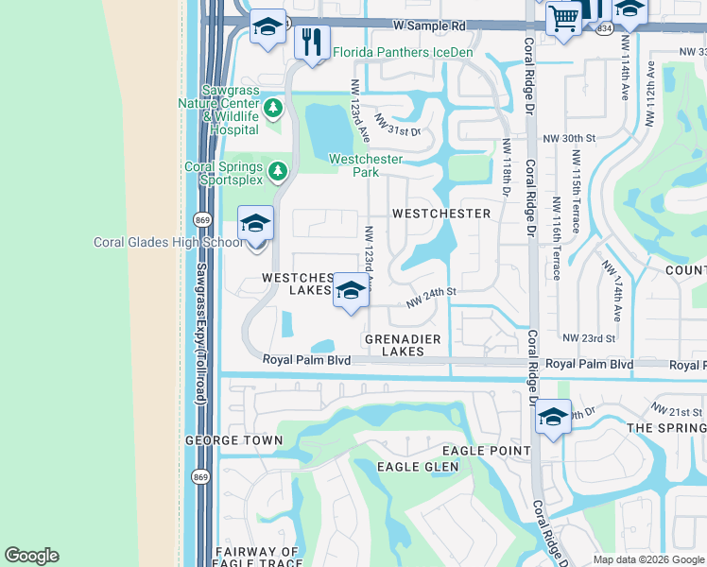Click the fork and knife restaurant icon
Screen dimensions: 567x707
point(311,43)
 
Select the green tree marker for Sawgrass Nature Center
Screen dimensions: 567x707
point(273,109)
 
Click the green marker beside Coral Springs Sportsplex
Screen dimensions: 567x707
point(277,171)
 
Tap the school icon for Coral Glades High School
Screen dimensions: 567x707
point(255,225)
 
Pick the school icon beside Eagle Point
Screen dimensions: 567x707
point(553,417)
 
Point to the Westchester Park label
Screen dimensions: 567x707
point(366,165)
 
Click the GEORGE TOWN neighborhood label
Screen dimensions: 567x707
point(233,440)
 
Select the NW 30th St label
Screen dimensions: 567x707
point(569,138)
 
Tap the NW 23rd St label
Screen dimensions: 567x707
point(588,337)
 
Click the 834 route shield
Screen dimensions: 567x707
point(603,30)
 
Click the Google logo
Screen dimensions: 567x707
point(31,556)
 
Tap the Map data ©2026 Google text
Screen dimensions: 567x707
point(647,559)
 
